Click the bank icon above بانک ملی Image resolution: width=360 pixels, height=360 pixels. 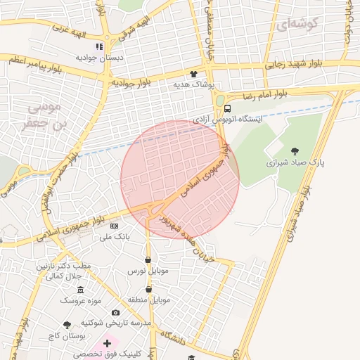click(114, 226)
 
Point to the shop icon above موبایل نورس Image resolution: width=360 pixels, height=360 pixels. click(148, 259)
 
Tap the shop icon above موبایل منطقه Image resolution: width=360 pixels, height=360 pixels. click(148, 289)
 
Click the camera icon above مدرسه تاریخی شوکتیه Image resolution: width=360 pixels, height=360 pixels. click(115, 312)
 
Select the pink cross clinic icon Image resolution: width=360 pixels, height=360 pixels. click(107, 344)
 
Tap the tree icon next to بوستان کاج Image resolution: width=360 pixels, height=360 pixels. click(67, 325)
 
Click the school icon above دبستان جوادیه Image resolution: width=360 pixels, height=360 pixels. click(100, 46)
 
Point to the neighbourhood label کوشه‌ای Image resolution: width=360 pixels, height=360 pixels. click(297, 24)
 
